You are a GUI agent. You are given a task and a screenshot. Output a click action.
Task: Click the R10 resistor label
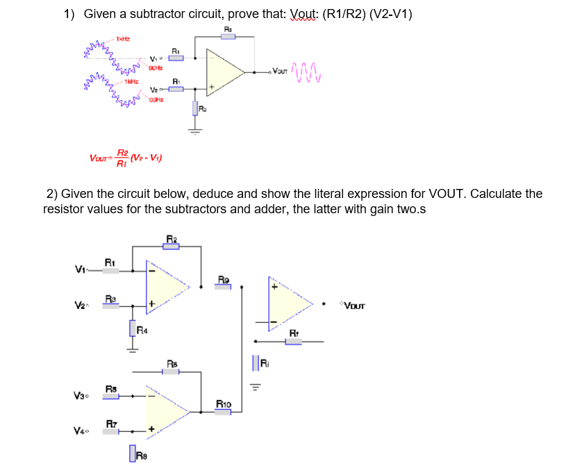click(224, 403)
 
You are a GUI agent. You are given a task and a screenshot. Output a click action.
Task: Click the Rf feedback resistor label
click(294, 333)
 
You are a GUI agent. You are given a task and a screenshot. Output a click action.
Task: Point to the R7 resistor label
click(111, 423)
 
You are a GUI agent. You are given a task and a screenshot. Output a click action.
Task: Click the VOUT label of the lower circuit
click(352, 305)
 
